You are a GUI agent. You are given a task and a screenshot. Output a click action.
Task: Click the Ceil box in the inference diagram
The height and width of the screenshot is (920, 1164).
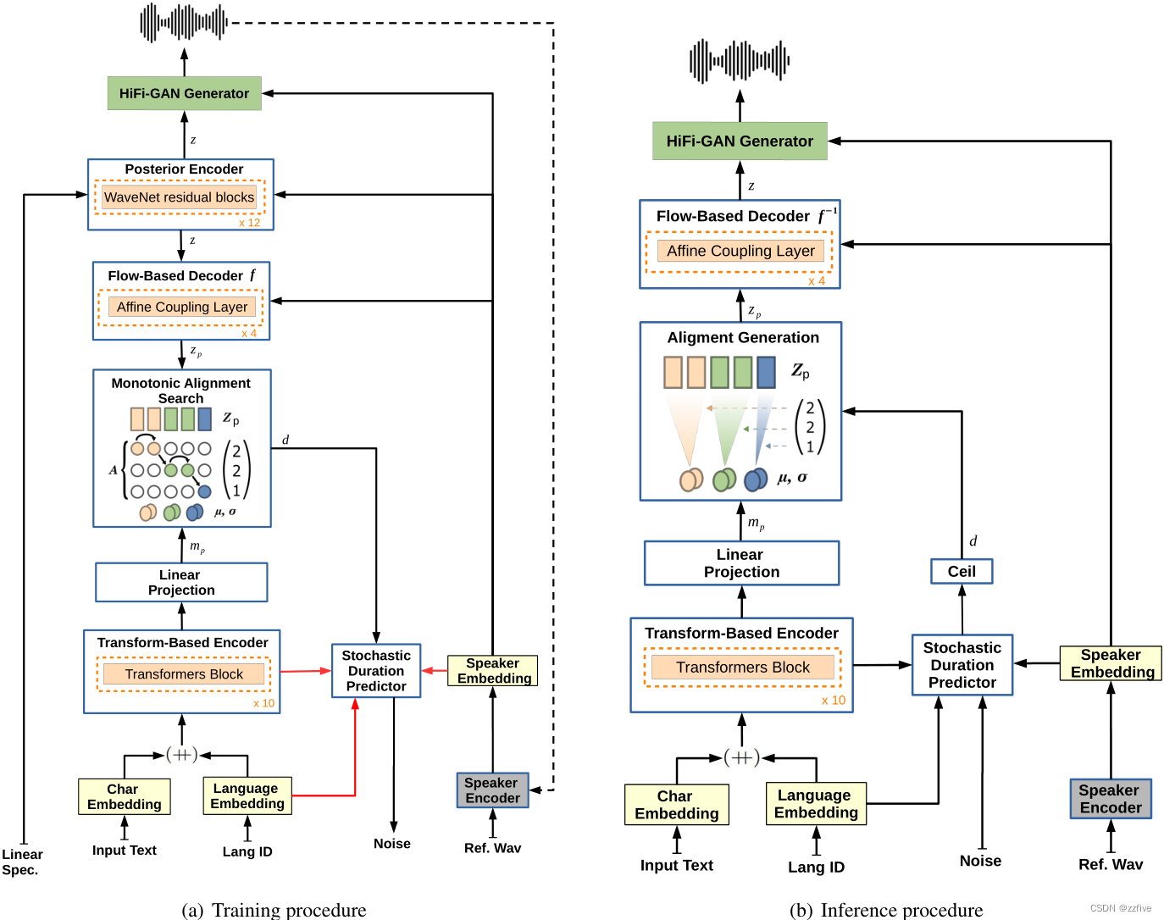point(962,572)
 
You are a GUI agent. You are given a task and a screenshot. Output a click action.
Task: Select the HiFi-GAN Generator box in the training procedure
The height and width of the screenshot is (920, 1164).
point(184,93)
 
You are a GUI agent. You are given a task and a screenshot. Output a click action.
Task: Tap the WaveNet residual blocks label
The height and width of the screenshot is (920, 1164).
point(179,197)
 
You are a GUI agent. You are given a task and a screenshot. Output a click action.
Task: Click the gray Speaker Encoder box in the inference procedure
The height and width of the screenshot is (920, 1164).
point(1110,799)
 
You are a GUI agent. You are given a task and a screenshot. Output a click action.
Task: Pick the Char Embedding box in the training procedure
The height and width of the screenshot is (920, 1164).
point(124,796)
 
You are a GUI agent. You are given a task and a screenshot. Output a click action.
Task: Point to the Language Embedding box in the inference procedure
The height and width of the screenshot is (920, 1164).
point(816,804)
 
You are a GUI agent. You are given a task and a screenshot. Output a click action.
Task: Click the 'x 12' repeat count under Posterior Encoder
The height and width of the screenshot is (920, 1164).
point(249,223)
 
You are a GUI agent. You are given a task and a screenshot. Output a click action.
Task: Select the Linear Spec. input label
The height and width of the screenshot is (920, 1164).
point(21,862)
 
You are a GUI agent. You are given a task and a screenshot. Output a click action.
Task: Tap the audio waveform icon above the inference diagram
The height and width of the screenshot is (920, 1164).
point(740,61)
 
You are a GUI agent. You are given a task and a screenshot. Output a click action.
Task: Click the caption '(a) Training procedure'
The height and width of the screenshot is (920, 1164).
point(274,910)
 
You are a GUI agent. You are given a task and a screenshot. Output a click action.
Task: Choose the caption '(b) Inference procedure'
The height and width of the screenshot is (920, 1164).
point(886,910)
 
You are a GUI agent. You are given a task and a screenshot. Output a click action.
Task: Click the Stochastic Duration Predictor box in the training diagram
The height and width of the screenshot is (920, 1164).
point(376,671)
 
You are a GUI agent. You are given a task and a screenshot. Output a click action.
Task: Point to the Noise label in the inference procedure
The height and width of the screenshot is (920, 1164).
point(980,861)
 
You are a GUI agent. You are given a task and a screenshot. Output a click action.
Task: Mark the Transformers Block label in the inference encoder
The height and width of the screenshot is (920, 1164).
point(742,668)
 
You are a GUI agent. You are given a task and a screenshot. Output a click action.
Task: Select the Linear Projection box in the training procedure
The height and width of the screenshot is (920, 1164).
point(181,583)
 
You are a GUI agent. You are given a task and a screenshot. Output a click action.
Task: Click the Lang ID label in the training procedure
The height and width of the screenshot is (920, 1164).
point(247,851)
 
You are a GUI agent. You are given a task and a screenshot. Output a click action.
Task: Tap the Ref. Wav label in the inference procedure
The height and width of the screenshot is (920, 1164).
point(1110,864)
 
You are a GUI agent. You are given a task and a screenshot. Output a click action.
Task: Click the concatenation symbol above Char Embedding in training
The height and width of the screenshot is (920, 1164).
point(181,754)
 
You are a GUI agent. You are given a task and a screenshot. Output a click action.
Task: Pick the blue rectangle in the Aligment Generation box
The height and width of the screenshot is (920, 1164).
point(766,372)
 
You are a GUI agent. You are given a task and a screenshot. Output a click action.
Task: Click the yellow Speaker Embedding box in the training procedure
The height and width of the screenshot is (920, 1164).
point(493,670)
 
